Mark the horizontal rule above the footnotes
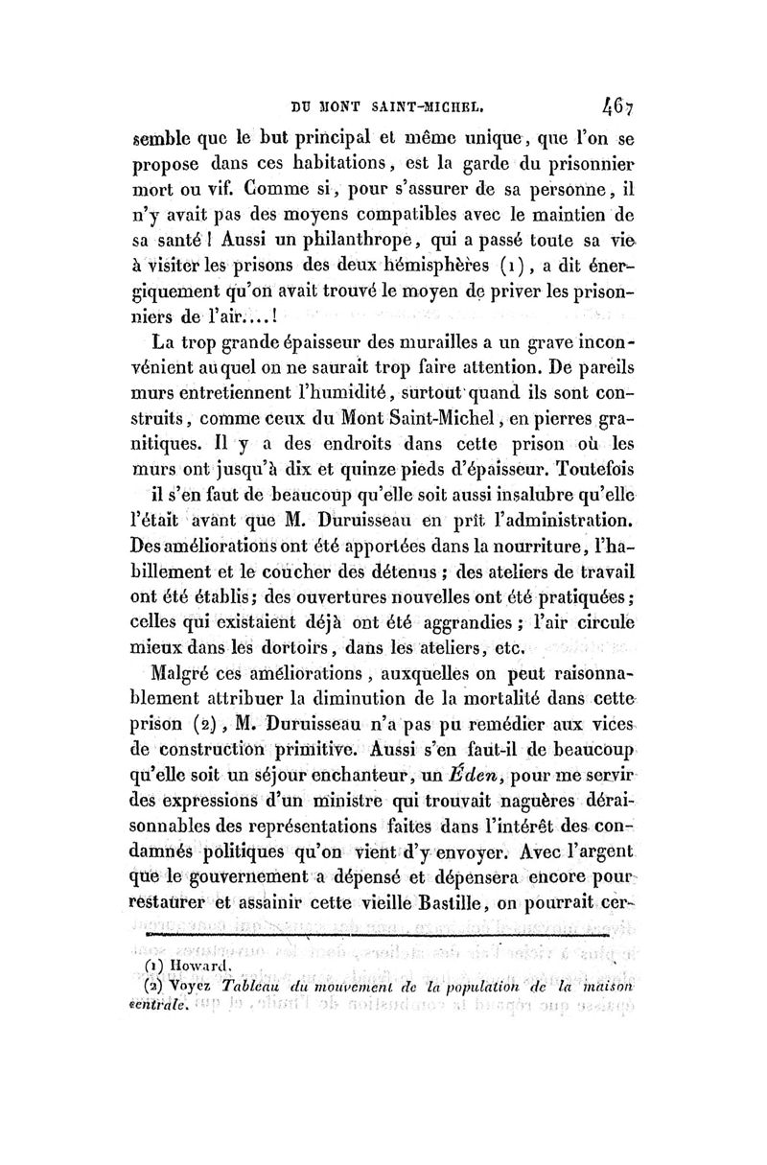[388, 939]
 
